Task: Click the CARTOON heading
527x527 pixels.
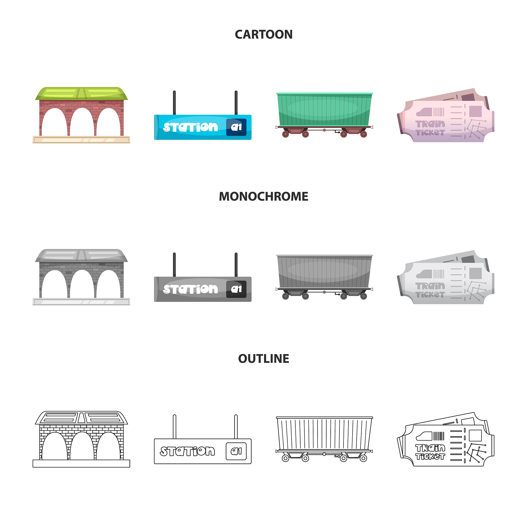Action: tap(263, 35)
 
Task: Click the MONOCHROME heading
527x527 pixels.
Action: tap(263, 196)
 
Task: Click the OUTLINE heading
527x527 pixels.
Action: tap(263, 358)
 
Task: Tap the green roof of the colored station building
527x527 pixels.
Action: tap(81, 94)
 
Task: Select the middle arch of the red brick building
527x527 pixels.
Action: tap(82, 122)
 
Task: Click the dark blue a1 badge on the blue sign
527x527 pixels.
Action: tap(236, 127)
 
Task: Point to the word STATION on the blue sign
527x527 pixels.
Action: tap(190, 127)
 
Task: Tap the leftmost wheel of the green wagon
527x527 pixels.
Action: tap(286, 134)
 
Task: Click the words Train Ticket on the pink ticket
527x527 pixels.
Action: tap(430, 128)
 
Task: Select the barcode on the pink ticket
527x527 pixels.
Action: tap(439, 112)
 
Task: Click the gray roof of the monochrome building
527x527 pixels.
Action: tap(81, 256)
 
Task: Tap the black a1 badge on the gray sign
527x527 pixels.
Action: tap(236, 289)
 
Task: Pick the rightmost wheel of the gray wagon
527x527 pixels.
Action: tap(364, 296)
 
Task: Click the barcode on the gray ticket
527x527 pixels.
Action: tap(439, 274)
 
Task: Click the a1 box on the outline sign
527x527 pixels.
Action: tap(236, 451)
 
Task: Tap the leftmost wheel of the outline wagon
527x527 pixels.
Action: tap(286, 458)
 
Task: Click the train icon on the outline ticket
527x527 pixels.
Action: tap(424, 436)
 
